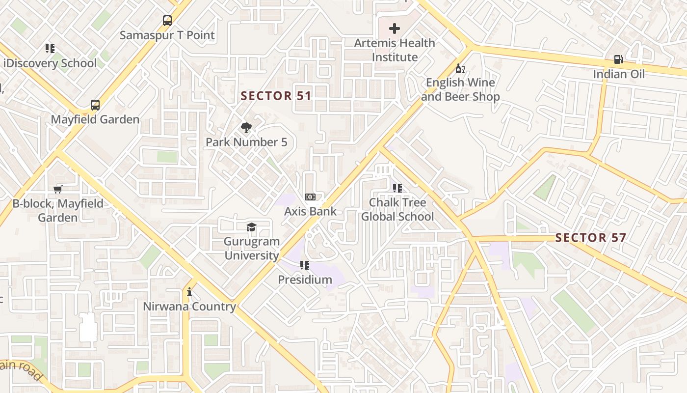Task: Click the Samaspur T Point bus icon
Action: (x=167, y=21)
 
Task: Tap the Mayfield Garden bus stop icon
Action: (x=95, y=105)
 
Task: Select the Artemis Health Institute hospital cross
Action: (x=394, y=28)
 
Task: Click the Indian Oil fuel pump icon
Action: (x=618, y=59)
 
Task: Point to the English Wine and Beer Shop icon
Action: (x=460, y=68)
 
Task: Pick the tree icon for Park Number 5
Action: (x=246, y=128)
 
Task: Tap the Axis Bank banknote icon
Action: (x=310, y=197)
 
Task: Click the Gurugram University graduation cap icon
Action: (x=251, y=227)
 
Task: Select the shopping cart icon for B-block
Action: (x=58, y=189)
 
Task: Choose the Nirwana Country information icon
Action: (x=189, y=292)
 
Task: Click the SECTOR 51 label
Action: (x=276, y=96)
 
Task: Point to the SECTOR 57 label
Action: (x=590, y=238)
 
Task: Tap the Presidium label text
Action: (x=305, y=280)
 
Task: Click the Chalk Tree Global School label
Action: (x=397, y=210)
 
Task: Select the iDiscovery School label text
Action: (x=50, y=63)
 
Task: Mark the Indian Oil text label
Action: (x=619, y=74)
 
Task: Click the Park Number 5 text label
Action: (x=246, y=142)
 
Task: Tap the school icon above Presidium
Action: (x=305, y=265)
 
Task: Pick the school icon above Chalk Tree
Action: (x=397, y=188)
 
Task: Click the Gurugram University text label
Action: (x=252, y=249)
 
